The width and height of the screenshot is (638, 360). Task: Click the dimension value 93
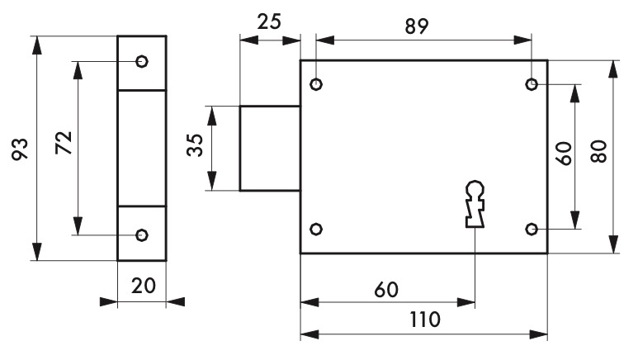tap(20, 149)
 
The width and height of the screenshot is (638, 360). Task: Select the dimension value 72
tap(64, 143)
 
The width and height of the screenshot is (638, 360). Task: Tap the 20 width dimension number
tap(144, 286)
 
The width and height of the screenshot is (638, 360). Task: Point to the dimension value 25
tap(269, 21)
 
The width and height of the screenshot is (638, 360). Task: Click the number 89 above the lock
tap(417, 27)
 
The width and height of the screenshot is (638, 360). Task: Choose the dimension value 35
tap(195, 145)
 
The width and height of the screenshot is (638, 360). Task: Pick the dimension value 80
tap(598, 151)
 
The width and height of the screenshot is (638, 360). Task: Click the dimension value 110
tap(425, 320)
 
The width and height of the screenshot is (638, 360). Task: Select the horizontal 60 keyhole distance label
tap(386, 290)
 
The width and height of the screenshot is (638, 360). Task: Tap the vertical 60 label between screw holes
tap(565, 153)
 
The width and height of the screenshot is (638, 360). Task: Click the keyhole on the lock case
tap(475, 204)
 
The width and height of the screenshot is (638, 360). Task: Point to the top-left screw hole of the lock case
tap(316, 84)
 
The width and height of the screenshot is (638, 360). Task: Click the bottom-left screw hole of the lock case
tap(316, 230)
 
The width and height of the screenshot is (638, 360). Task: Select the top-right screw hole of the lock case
tap(532, 84)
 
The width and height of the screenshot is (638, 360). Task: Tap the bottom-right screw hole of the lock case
tap(532, 230)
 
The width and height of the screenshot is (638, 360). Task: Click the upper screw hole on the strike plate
tap(142, 61)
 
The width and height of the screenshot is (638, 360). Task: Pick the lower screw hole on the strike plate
tap(142, 235)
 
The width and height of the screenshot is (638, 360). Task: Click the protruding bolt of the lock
tap(270, 149)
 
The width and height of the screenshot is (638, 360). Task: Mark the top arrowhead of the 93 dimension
tap(37, 45)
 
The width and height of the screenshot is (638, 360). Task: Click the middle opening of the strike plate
tap(142, 149)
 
